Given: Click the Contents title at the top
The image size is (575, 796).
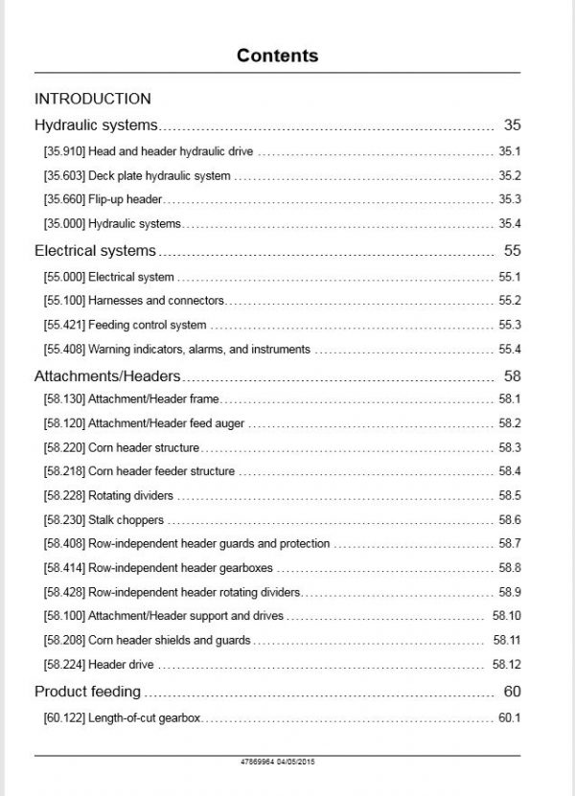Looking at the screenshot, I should point(278,55).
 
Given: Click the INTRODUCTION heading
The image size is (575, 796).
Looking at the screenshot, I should point(92,99).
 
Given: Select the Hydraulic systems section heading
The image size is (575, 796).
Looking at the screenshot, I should point(96,125).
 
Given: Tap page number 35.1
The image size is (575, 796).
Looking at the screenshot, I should point(509,151).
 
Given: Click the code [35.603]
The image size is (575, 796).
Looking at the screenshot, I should point(64,175).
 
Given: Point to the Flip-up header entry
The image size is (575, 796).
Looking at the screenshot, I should point(126,199).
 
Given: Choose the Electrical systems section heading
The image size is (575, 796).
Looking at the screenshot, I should point(95,251).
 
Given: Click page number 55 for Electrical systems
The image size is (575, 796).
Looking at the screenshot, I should point(512,251).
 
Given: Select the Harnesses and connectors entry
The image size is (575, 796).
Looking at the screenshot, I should point(156,301).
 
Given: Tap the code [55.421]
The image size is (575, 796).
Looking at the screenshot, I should point(64,325).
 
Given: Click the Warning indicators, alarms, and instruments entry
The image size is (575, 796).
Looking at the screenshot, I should point(198,350).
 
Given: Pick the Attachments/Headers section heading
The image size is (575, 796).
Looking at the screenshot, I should point(107,376).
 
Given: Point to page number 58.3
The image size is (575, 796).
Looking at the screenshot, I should point(509,447).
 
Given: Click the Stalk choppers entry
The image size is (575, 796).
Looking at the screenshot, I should point(126,520).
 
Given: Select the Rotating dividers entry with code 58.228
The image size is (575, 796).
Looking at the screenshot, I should point(130,496).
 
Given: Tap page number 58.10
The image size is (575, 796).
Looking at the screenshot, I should point(507,616).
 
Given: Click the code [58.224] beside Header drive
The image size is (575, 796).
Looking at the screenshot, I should point(64,665).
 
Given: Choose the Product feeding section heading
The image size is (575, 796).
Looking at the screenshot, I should point(87,691).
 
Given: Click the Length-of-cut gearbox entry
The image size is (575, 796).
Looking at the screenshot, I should point(144,717).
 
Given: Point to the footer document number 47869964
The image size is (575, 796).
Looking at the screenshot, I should point(260,762).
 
